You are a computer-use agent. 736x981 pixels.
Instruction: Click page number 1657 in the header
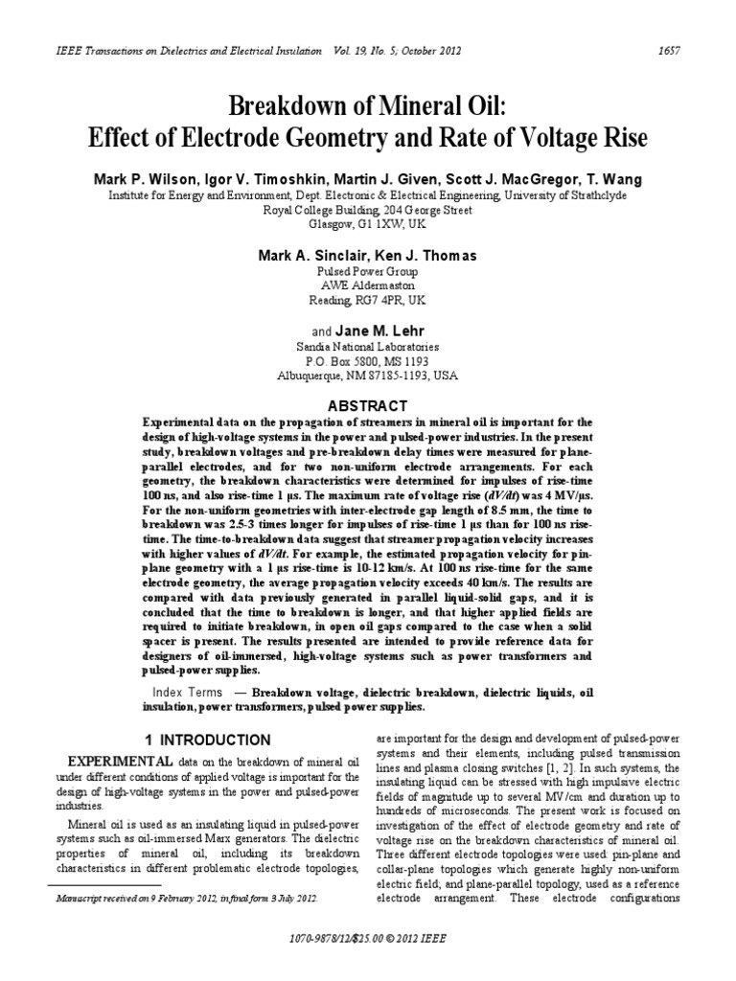pos(669,51)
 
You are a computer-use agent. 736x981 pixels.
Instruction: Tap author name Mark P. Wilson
pos(140,180)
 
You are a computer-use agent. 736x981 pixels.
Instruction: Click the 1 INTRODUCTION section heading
pos(207,740)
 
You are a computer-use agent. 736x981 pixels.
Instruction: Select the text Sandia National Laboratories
pos(368,347)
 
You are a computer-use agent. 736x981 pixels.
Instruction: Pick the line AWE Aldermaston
pos(368,285)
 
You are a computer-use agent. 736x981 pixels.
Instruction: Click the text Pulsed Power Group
pos(368,272)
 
